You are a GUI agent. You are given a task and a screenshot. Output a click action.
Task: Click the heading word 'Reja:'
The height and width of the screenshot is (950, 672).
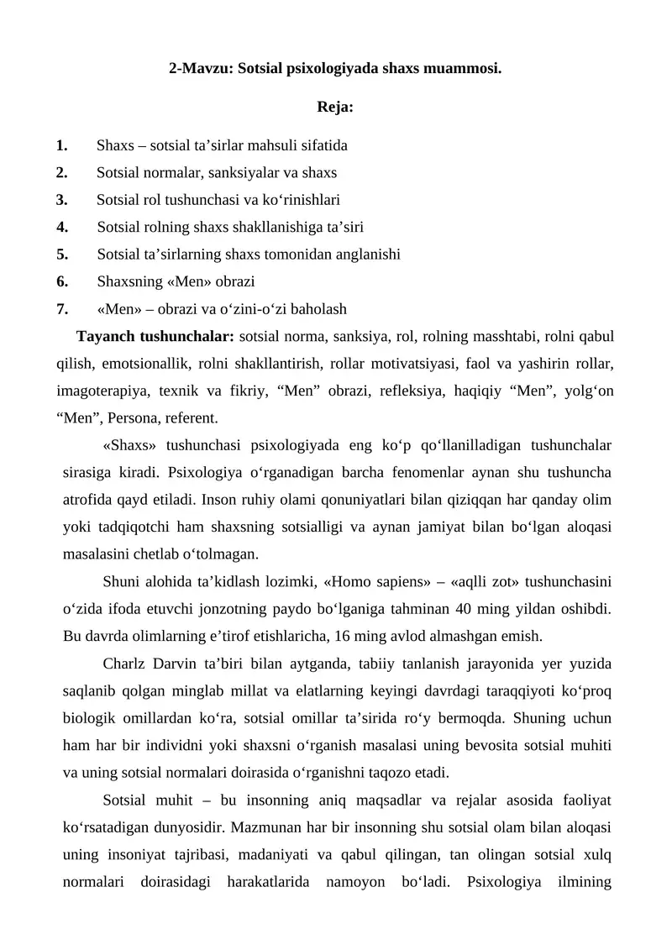[x=335, y=107]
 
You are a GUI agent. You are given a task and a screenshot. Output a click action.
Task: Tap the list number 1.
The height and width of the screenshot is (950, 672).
[x=62, y=145]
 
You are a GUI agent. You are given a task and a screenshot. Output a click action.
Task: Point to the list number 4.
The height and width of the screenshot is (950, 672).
[x=62, y=227]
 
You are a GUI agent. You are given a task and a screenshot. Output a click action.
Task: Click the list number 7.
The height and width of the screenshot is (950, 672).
[x=62, y=308]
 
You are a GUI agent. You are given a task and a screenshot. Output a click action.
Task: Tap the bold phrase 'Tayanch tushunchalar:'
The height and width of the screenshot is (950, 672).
[x=155, y=337]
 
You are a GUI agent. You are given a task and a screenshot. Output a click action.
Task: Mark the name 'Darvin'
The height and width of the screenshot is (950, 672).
[x=173, y=664]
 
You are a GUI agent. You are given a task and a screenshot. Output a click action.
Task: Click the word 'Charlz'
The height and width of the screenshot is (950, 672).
[x=125, y=664]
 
